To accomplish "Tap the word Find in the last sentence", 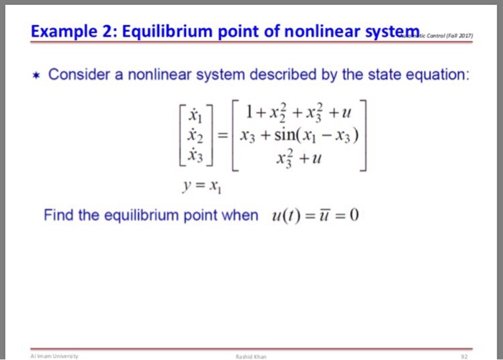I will [x=58, y=215].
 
